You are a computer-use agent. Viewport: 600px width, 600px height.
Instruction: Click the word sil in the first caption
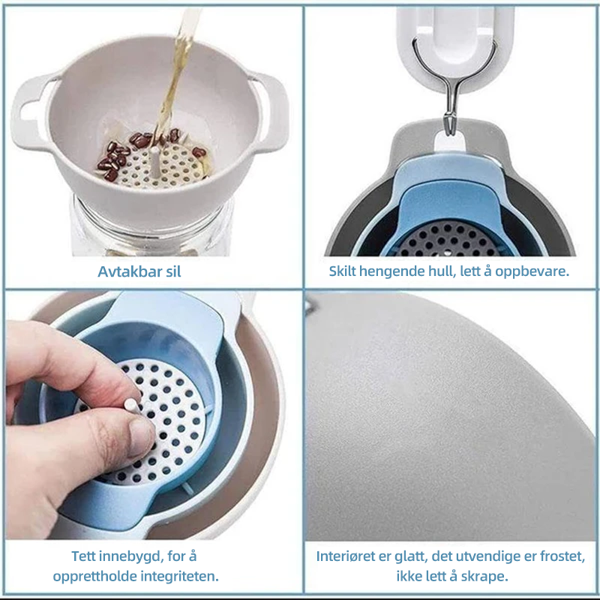click(173, 271)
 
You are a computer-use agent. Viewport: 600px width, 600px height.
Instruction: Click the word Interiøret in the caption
click(347, 556)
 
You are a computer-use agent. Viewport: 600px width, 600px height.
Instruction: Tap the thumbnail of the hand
click(141, 437)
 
